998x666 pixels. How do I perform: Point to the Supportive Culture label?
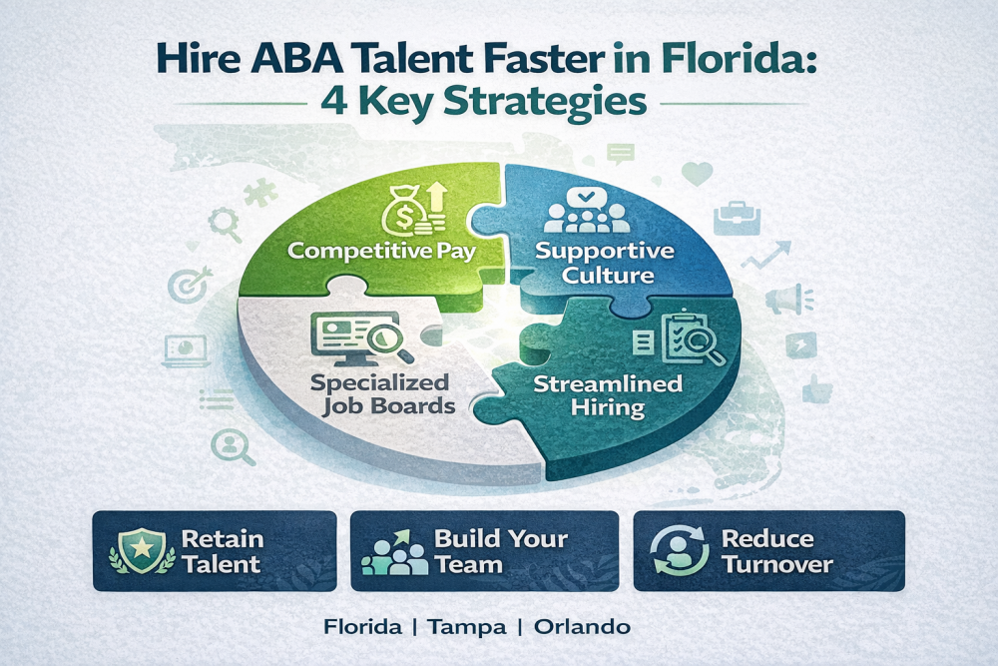click(606, 260)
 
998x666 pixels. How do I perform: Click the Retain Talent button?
click(214, 550)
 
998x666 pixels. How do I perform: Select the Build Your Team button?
click(484, 550)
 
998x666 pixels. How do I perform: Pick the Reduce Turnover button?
click(768, 550)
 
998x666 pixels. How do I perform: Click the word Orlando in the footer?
click(582, 628)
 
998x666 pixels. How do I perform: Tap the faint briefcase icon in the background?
click(740, 214)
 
